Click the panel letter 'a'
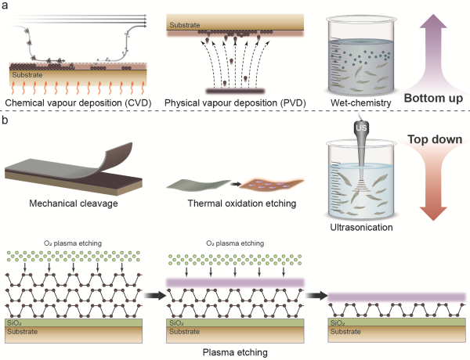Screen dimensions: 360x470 pos(5,6)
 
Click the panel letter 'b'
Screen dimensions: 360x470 pos(5,122)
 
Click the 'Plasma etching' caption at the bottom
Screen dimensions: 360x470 pos(233,352)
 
